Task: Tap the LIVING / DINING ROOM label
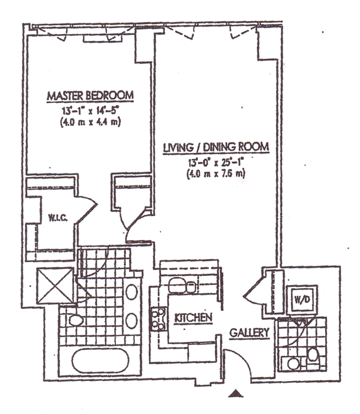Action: click(x=217, y=148)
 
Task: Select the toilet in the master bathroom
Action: click(x=73, y=320)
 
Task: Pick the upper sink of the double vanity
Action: click(x=131, y=294)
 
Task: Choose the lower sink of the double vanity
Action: click(x=131, y=320)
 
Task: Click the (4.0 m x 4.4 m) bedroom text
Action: click(x=90, y=121)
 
